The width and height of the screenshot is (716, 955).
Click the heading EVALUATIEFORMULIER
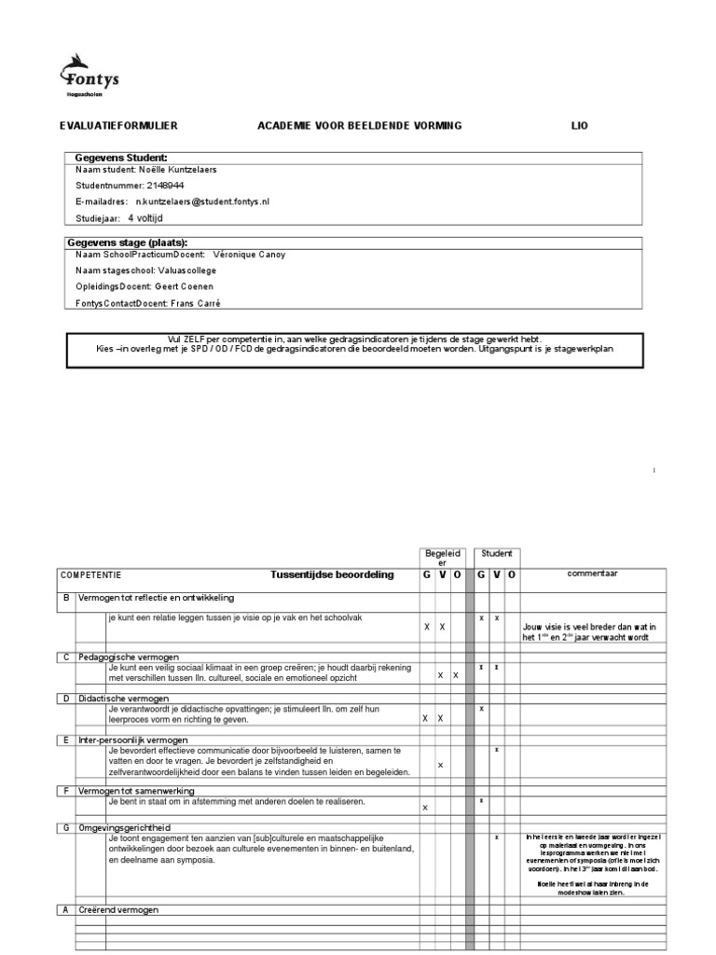click(x=118, y=126)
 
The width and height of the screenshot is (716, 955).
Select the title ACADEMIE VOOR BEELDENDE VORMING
click(x=359, y=126)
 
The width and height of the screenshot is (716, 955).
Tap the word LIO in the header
click(x=580, y=126)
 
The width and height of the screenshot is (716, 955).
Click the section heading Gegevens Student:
click(x=121, y=158)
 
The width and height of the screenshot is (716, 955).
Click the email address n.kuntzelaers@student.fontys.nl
click(x=201, y=201)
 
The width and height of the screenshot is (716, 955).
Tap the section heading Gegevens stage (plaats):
click(x=133, y=242)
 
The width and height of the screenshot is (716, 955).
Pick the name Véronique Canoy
click(x=252, y=255)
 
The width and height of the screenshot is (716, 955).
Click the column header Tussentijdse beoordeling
click(x=332, y=575)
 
